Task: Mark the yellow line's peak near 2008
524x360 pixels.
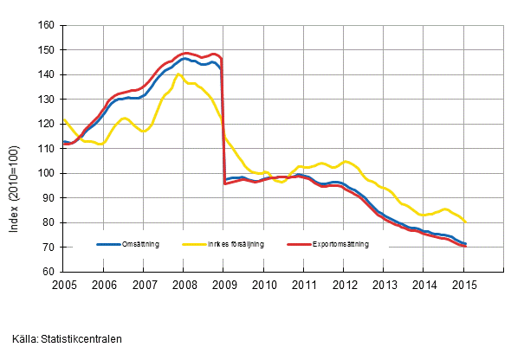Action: pyautogui.click(x=178, y=74)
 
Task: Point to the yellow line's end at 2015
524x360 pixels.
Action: pyautogui.click(x=466, y=222)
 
